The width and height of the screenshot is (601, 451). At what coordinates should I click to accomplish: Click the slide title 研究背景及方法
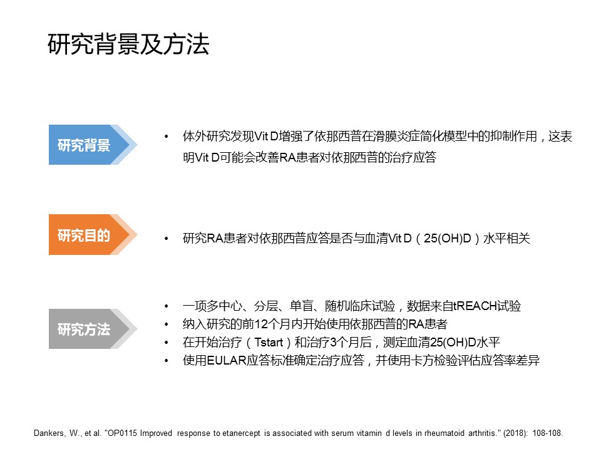pyautogui.click(x=128, y=44)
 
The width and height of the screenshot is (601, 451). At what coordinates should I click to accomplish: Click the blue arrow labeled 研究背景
pyautogui.click(x=93, y=145)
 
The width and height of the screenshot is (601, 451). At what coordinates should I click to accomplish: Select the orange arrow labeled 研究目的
pyautogui.click(x=93, y=235)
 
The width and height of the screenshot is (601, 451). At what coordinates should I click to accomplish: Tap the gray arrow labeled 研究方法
pyautogui.click(x=93, y=329)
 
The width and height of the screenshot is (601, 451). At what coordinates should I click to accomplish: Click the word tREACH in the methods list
pyautogui.click(x=475, y=306)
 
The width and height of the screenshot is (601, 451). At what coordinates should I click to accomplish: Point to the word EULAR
pyautogui.click(x=226, y=361)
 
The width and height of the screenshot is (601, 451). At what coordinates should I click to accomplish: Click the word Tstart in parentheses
pyautogui.click(x=269, y=342)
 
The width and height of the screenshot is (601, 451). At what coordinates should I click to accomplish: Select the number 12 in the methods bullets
pyautogui.click(x=260, y=324)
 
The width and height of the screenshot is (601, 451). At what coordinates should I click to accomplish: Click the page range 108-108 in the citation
pyautogui.click(x=547, y=433)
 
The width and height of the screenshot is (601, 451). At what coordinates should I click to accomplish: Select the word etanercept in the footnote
pyautogui.click(x=242, y=433)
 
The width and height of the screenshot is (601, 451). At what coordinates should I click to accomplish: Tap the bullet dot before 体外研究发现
pyautogui.click(x=167, y=137)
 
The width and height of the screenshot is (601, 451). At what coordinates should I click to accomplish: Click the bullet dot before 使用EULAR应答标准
pyautogui.click(x=167, y=361)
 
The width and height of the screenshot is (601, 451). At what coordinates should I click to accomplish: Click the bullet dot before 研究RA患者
pyautogui.click(x=167, y=239)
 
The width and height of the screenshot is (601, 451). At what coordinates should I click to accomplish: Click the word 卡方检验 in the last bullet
pyautogui.click(x=433, y=361)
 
